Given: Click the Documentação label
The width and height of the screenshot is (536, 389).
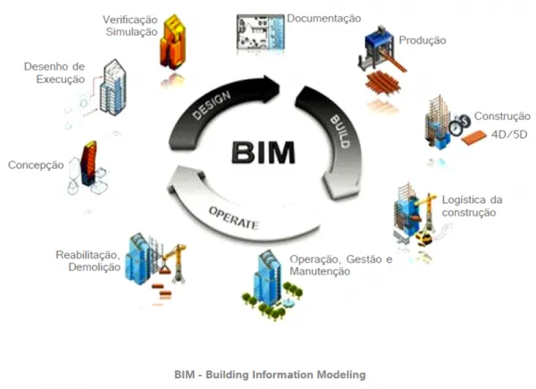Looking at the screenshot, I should pyautogui.click(x=323, y=18).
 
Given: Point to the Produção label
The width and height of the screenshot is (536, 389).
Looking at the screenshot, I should pyautogui.click(x=423, y=40).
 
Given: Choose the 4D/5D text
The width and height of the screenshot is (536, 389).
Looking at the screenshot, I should pyautogui.click(x=509, y=134).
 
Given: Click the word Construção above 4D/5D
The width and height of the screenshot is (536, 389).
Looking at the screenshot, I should pyautogui.click(x=502, y=116).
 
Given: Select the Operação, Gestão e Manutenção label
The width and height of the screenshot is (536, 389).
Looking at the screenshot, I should pyautogui.click(x=340, y=265).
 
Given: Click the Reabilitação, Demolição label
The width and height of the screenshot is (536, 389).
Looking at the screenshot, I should pyautogui.click(x=88, y=261).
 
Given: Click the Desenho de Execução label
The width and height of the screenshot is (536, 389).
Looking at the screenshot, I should pyautogui.click(x=54, y=72).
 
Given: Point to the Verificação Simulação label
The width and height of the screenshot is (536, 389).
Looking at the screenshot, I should pyautogui.click(x=130, y=24).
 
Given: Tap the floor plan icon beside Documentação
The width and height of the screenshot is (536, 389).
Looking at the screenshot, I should pyautogui.click(x=259, y=36).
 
